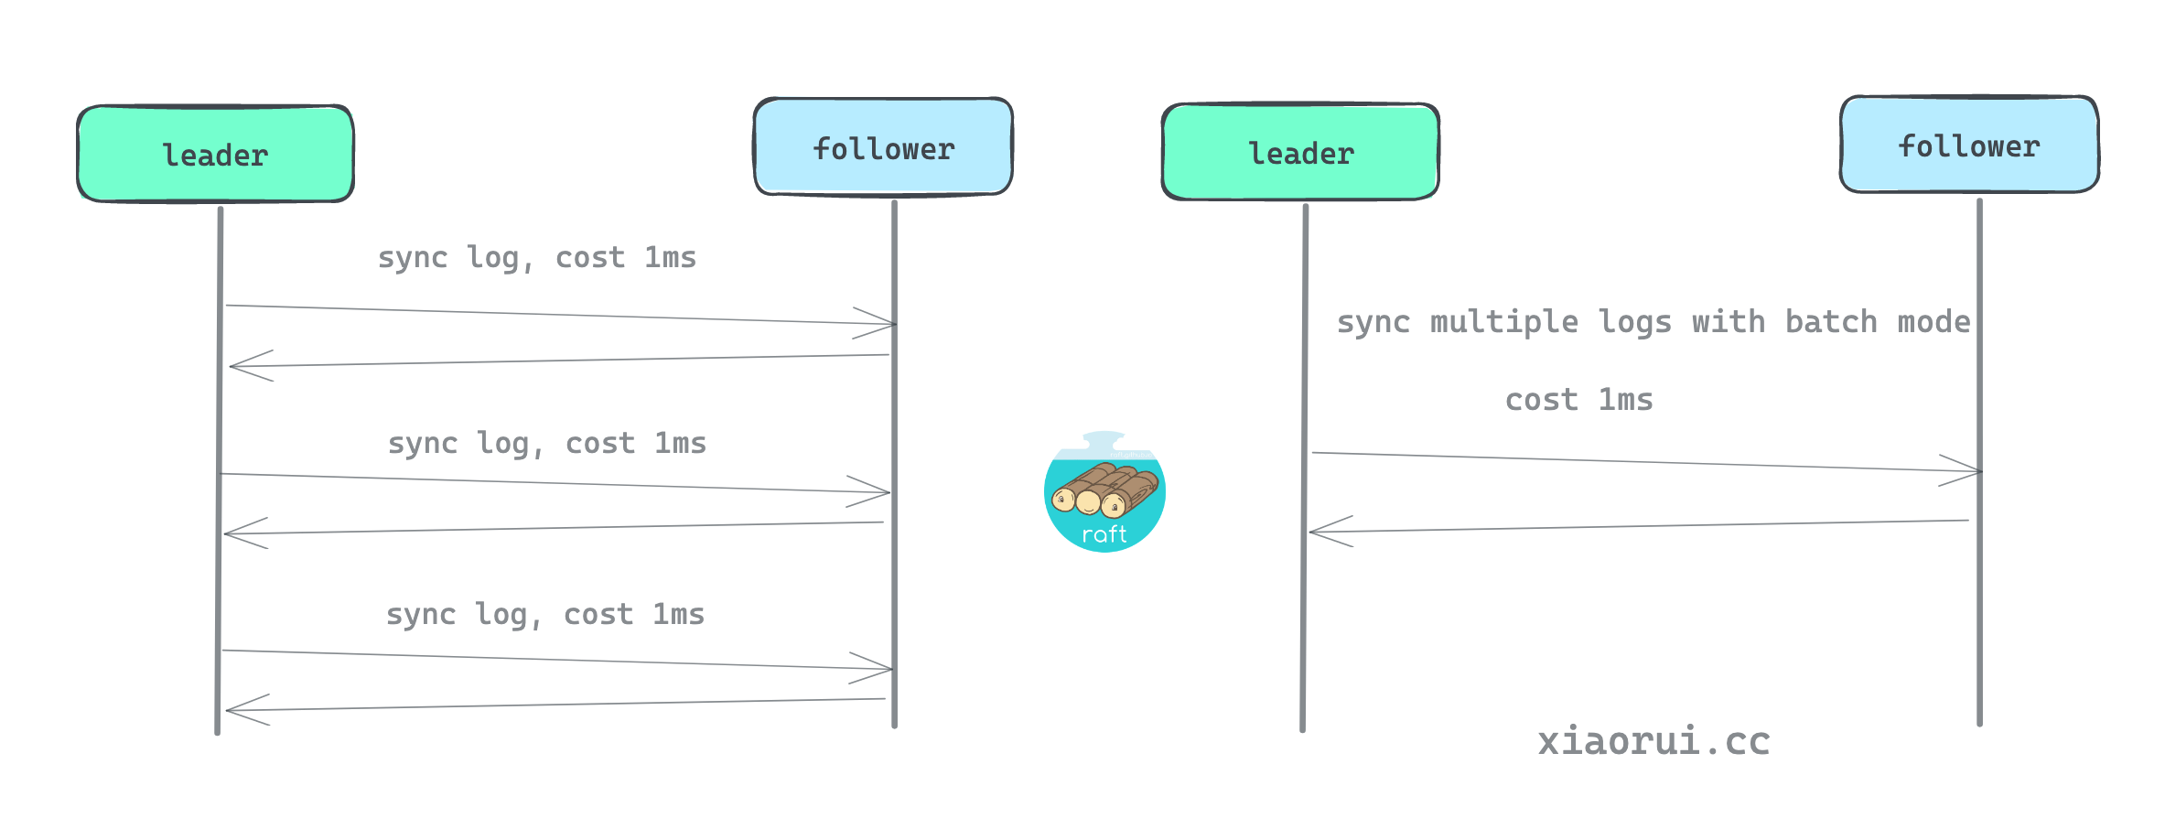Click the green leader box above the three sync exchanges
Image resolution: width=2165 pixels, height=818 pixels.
pyautogui.click(x=215, y=154)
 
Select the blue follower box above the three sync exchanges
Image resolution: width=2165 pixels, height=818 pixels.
pyautogui.click(x=883, y=147)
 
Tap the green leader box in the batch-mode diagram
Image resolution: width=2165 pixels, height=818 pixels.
pyautogui.click(x=1300, y=152)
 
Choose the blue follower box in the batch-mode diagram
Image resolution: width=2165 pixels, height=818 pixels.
pyautogui.click(x=1969, y=145)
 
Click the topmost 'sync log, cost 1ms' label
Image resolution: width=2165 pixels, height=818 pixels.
pyautogui.click(x=537, y=258)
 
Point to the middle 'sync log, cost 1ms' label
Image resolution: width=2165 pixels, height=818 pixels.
pyautogui.click(x=547, y=444)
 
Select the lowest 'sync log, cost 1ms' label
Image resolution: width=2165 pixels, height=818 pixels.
pyautogui.click(x=545, y=615)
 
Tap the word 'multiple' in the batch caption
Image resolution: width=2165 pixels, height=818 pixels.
pyautogui.click(x=1503, y=322)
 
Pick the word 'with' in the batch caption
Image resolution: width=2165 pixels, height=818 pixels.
pyautogui.click(x=1728, y=322)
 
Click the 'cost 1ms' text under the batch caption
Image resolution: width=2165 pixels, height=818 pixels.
pyautogui.click(x=1579, y=400)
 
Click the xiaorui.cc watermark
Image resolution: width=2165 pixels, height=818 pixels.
pyautogui.click(x=1653, y=741)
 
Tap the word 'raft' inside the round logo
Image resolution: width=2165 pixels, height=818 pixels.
pyautogui.click(x=1104, y=534)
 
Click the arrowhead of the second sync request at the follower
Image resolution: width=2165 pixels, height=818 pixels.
pyautogui.click(x=875, y=492)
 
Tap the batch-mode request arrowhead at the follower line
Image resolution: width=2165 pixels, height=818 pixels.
pyautogui.click(x=1966, y=471)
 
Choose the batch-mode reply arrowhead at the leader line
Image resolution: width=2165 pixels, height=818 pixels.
pyautogui.click(x=1325, y=532)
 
